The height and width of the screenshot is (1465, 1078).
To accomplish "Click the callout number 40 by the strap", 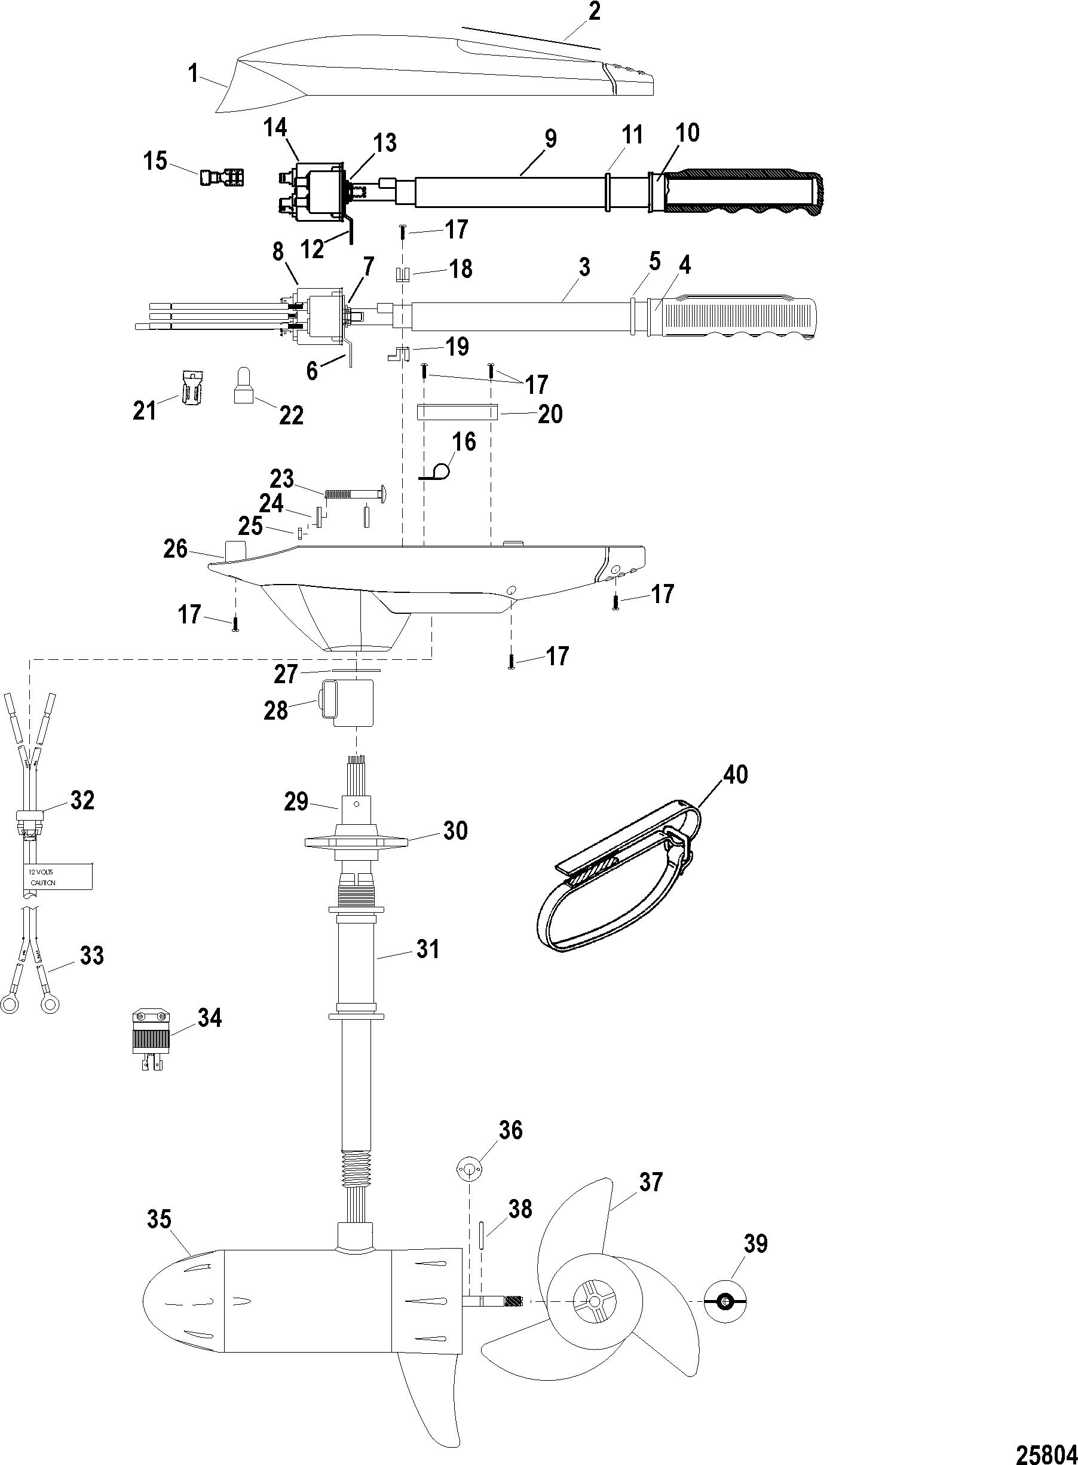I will point(735,775).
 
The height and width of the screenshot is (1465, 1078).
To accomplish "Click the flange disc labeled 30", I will point(356,842).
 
